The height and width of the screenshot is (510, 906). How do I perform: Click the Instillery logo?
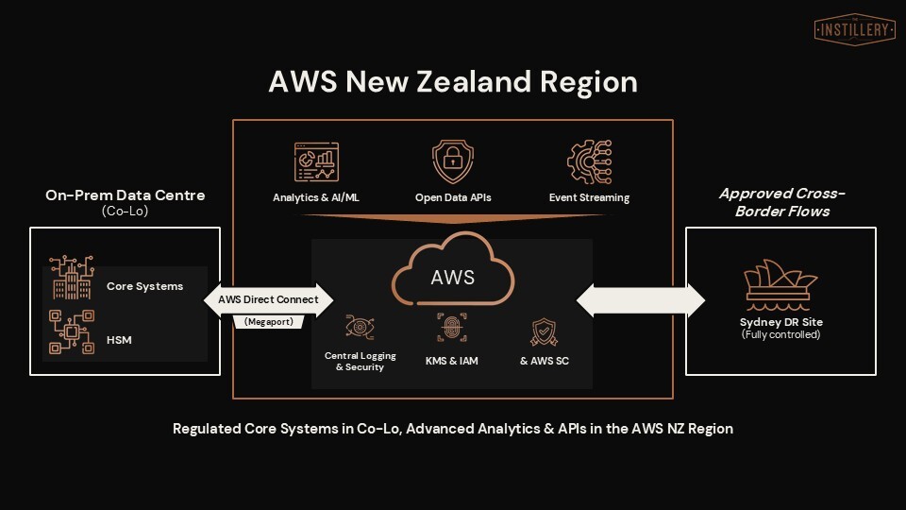pyautogui.click(x=854, y=29)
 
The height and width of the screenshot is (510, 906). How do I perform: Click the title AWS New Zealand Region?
pyautogui.click(x=453, y=81)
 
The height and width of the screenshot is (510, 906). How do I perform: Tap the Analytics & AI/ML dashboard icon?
pyautogui.click(x=316, y=161)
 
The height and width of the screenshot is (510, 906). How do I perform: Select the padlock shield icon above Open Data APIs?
pyautogui.click(x=453, y=161)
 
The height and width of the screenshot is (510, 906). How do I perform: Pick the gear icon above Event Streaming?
pyautogui.click(x=589, y=161)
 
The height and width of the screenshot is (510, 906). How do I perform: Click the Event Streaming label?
pyautogui.click(x=589, y=198)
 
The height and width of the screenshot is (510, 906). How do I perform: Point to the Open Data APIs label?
pyautogui.click(x=453, y=198)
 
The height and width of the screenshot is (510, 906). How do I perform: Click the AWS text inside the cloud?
pyautogui.click(x=453, y=278)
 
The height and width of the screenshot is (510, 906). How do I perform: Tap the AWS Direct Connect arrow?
pyautogui.click(x=269, y=299)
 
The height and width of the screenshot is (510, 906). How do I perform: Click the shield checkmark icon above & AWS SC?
pyautogui.click(x=545, y=331)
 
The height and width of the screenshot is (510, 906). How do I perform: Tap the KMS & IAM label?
pyautogui.click(x=451, y=361)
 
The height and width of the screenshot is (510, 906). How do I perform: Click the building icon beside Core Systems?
pyautogui.click(x=72, y=278)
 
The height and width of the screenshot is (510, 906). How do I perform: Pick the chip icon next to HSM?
pyautogui.click(x=72, y=331)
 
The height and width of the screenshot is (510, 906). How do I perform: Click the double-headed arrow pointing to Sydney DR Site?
pyautogui.click(x=641, y=299)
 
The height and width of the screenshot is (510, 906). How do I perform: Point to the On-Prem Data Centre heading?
pyautogui.click(x=126, y=195)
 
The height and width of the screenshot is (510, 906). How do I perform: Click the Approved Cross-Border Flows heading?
pyautogui.click(x=781, y=202)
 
